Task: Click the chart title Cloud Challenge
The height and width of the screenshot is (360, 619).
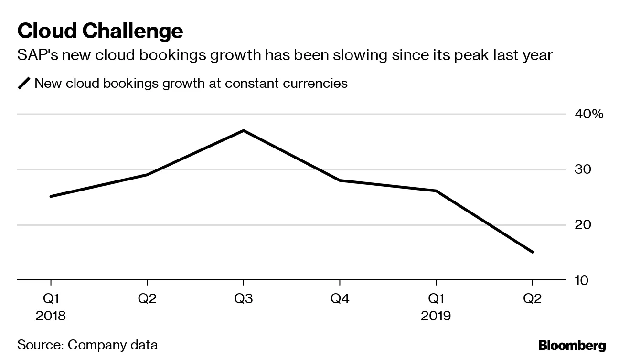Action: (100, 32)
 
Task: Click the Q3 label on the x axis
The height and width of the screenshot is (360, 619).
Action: (243, 299)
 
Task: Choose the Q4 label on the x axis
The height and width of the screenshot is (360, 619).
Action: (340, 299)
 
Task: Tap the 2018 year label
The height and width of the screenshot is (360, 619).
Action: (51, 316)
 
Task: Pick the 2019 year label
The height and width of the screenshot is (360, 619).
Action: (436, 316)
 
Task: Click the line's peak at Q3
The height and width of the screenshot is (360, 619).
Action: (243, 130)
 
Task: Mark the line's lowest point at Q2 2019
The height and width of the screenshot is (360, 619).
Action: (532, 252)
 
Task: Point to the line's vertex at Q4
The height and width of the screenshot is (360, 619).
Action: (340, 180)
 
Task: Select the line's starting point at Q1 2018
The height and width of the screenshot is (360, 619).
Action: (51, 196)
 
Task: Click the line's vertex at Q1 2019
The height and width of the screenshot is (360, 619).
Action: (436, 191)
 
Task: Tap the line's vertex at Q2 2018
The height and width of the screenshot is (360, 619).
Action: (147, 175)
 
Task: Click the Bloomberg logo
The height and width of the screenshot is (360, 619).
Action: (572, 345)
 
